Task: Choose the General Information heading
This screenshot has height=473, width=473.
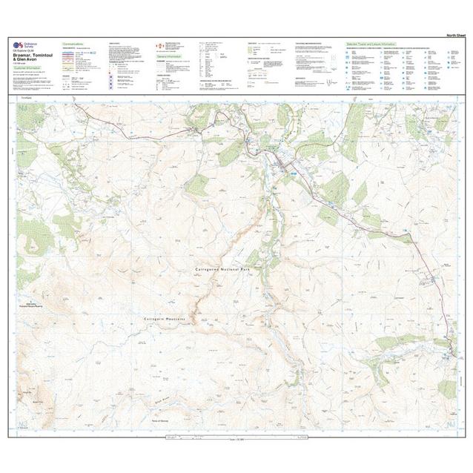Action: [169, 56]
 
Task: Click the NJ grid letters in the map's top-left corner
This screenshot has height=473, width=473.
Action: [22, 109]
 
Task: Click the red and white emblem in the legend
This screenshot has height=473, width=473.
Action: [158, 46]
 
